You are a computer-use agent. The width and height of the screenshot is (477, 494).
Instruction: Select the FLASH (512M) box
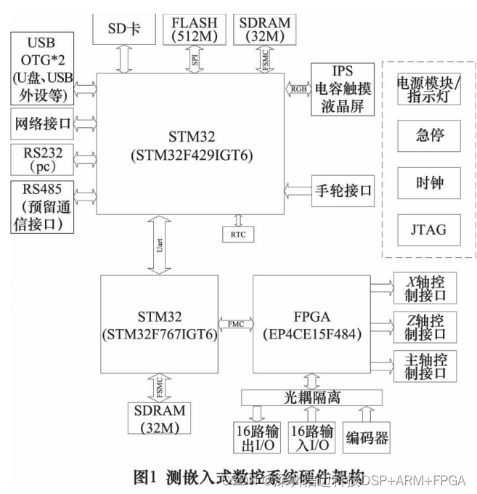pos(195,28)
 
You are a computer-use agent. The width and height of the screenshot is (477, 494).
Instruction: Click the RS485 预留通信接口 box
pos(41,207)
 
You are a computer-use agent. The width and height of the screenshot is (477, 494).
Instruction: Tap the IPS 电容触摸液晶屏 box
pos(341,89)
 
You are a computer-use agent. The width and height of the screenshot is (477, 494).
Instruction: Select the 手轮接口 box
pos(341,191)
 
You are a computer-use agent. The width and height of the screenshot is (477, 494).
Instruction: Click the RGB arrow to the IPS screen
pos(298,89)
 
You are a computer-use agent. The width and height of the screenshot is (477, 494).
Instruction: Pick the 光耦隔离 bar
pos(311,397)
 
